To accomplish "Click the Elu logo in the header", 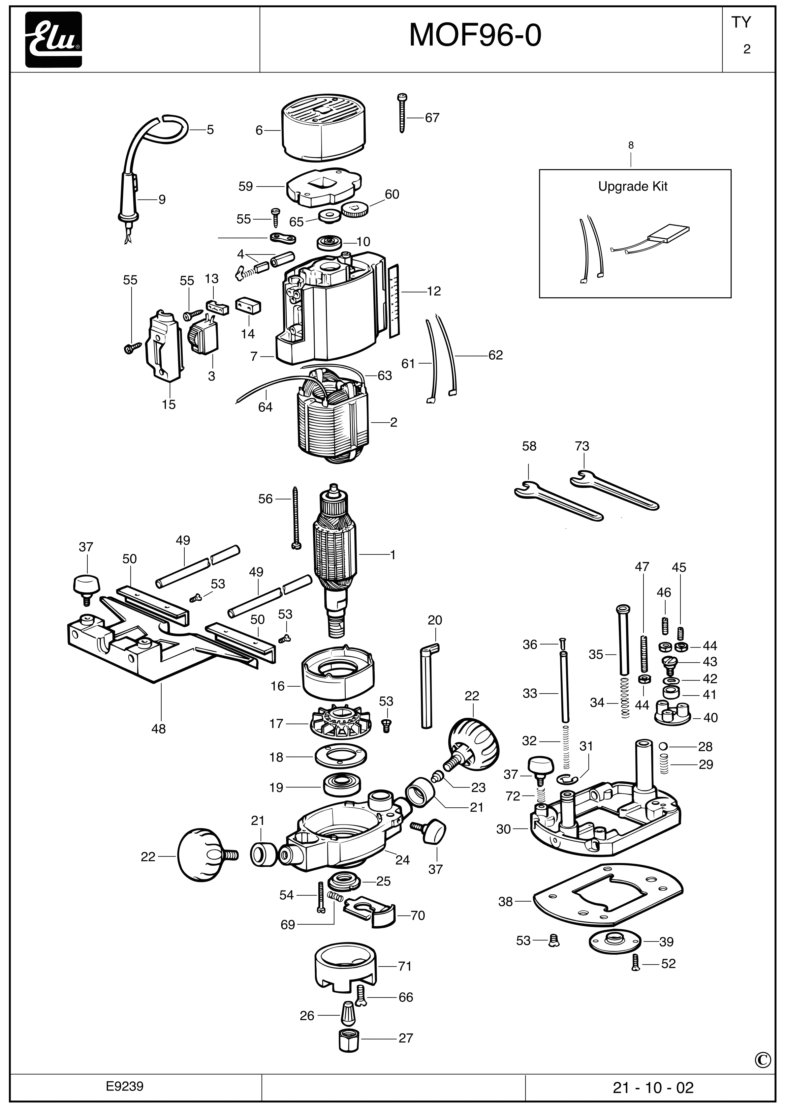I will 54,40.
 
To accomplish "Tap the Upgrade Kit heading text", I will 632,187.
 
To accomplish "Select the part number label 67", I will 432,118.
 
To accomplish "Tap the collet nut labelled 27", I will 348,1038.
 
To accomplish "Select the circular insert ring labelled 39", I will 615,941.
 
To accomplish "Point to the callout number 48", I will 159,729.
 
